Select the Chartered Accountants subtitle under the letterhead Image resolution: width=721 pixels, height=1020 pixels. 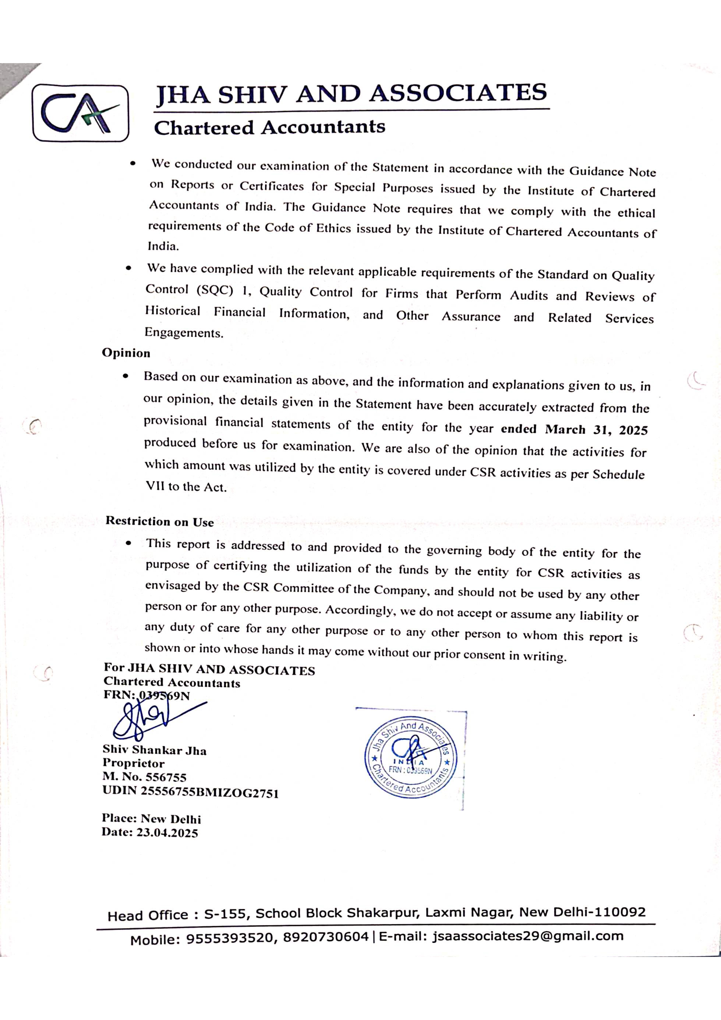[269, 127]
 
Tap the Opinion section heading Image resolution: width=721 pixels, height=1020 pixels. [126, 353]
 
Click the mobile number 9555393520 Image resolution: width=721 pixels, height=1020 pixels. [229, 938]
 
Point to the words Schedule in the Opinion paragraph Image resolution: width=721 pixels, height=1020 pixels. [618, 474]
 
